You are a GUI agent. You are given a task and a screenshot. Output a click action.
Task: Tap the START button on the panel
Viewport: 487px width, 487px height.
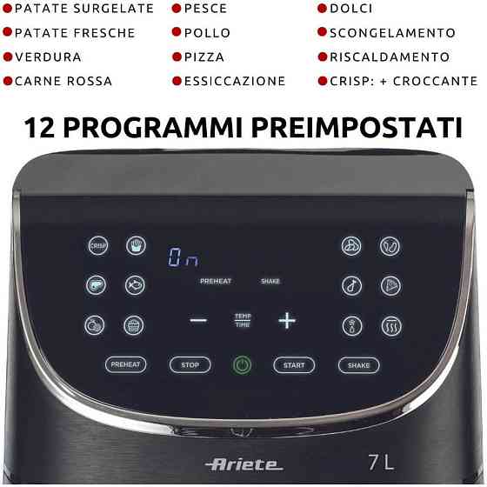pyautogui.click(x=294, y=365)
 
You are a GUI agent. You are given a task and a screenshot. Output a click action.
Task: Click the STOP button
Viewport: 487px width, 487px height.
pyautogui.click(x=190, y=365)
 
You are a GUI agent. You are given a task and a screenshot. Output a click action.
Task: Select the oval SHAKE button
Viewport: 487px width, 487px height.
pyautogui.click(x=358, y=365)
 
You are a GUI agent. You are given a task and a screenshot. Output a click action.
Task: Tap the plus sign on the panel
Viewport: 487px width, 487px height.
pyautogui.click(x=287, y=320)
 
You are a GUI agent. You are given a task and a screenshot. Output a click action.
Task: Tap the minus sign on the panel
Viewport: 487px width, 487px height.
pyautogui.click(x=198, y=320)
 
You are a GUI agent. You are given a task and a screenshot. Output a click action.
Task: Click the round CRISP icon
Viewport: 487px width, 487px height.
pyautogui.click(x=97, y=246)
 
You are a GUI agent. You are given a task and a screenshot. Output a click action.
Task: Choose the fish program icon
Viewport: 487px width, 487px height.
pyautogui.click(x=135, y=284)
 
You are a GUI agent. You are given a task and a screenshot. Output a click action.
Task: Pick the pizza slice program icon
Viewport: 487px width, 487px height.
pyautogui.click(x=390, y=284)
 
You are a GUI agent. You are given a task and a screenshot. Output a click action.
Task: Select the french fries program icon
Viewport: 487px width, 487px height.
pyautogui.click(x=135, y=246)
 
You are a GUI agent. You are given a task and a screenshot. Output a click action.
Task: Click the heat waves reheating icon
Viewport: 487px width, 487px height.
pyautogui.click(x=390, y=324)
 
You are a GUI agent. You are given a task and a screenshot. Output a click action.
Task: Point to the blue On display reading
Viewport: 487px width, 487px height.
pyautogui.click(x=183, y=258)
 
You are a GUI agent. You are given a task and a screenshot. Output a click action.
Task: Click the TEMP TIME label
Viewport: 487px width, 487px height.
pyautogui.click(x=242, y=320)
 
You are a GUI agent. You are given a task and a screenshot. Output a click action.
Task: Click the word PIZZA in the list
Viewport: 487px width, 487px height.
pyautogui.click(x=203, y=57)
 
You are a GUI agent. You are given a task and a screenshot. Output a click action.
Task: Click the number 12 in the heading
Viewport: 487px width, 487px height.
pyautogui.click(x=43, y=128)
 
